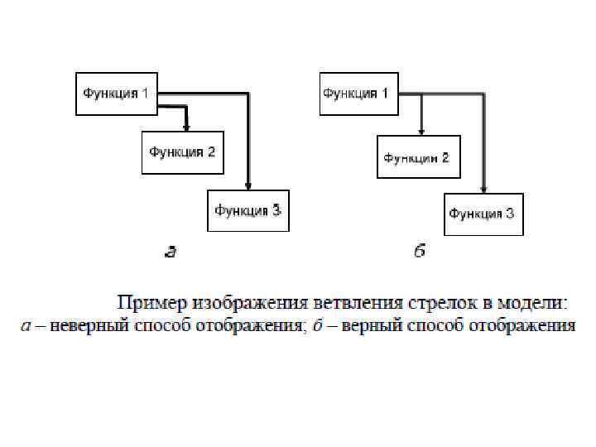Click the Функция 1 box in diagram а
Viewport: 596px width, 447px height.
click(x=116, y=92)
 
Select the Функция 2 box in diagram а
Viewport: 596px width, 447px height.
click(x=182, y=151)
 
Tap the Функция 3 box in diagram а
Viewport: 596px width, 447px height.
click(x=248, y=210)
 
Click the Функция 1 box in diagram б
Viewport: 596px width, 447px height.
click(x=358, y=93)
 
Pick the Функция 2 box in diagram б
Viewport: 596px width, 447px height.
click(x=416, y=156)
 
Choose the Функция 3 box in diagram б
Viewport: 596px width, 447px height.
click(x=483, y=214)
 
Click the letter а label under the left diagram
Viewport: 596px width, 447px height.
click(x=171, y=252)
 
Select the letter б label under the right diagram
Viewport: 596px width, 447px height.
click(x=420, y=251)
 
